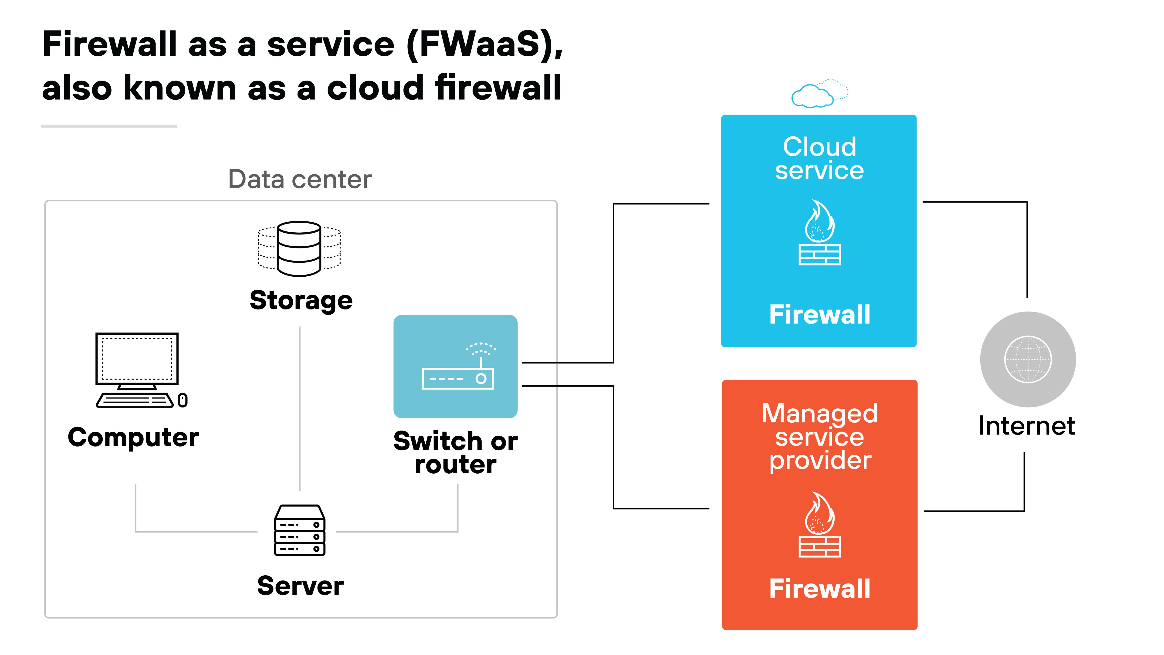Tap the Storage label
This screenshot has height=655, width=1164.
(x=301, y=301)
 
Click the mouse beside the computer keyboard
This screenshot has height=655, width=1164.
(x=183, y=400)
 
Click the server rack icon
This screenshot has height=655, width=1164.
(x=300, y=530)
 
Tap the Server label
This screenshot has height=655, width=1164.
(x=300, y=586)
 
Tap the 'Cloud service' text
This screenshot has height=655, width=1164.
(x=819, y=158)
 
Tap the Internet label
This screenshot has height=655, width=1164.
(x=1027, y=426)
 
